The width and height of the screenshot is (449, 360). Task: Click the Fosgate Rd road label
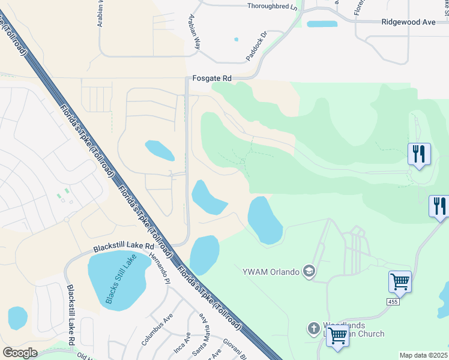point(212,78)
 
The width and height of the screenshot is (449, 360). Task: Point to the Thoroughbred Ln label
point(272,7)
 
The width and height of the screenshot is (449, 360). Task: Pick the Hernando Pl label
point(160,269)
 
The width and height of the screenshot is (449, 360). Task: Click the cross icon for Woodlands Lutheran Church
point(313,329)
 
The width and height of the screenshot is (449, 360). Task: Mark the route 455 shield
point(393,301)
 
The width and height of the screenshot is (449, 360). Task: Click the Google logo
point(20,353)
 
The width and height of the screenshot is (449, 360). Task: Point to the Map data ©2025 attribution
point(424,355)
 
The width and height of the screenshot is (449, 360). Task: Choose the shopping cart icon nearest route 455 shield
point(400,281)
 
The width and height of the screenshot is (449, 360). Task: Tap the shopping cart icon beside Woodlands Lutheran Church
point(337,337)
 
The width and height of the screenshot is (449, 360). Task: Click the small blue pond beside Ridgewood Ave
point(322,24)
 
